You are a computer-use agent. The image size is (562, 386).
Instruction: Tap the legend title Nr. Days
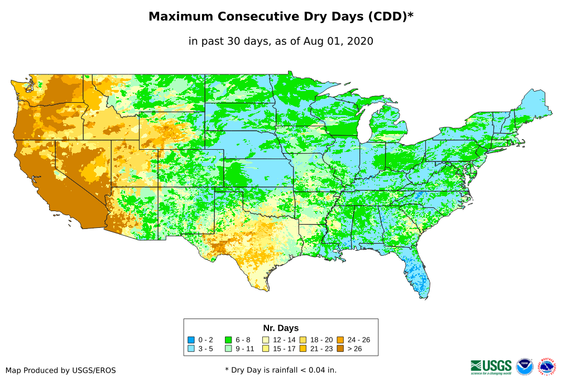(281, 328)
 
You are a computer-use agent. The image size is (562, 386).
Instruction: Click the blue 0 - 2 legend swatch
(191, 340)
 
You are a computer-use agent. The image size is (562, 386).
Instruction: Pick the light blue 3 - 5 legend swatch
(191, 349)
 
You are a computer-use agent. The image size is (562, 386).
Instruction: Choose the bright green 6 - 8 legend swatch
(228, 340)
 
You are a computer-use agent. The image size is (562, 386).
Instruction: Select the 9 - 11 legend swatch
(228, 349)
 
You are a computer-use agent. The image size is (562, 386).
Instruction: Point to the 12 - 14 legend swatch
(266, 340)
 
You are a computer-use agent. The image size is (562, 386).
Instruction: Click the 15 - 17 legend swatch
(266, 349)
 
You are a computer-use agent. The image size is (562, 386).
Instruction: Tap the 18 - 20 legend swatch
(302, 340)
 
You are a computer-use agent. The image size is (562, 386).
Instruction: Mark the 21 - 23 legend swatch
(302, 349)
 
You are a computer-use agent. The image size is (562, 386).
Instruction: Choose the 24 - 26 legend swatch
(340, 340)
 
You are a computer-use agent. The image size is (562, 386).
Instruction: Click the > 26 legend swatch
(340, 349)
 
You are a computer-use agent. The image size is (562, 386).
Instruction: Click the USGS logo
(491, 366)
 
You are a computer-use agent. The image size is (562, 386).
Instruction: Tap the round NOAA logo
(525, 366)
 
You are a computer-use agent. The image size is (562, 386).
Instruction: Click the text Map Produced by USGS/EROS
(61, 370)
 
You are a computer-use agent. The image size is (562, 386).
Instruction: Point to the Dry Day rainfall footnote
(281, 370)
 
